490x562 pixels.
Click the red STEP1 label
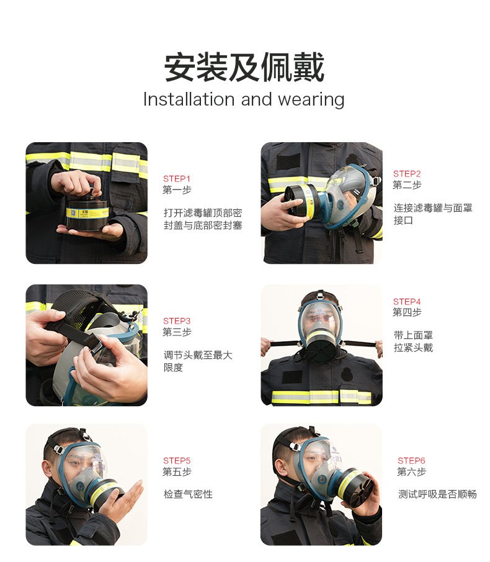(x=176, y=178)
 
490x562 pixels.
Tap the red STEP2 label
(x=407, y=174)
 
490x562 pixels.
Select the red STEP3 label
(x=176, y=321)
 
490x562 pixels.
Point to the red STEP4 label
(x=407, y=301)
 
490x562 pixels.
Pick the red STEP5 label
(x=176, y=461)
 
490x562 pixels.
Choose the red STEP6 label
(x=411, y=461)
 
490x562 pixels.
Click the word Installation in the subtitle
(x=189, y=99)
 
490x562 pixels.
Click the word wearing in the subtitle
(x=311, y=101)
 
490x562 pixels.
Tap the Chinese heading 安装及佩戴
(x=244, y=68)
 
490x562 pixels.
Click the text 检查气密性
(x=188, y=494)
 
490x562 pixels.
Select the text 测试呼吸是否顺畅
(x=437, y=494)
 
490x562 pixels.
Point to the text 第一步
(x=177, y=190)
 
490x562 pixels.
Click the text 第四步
(x=407, y=312)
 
